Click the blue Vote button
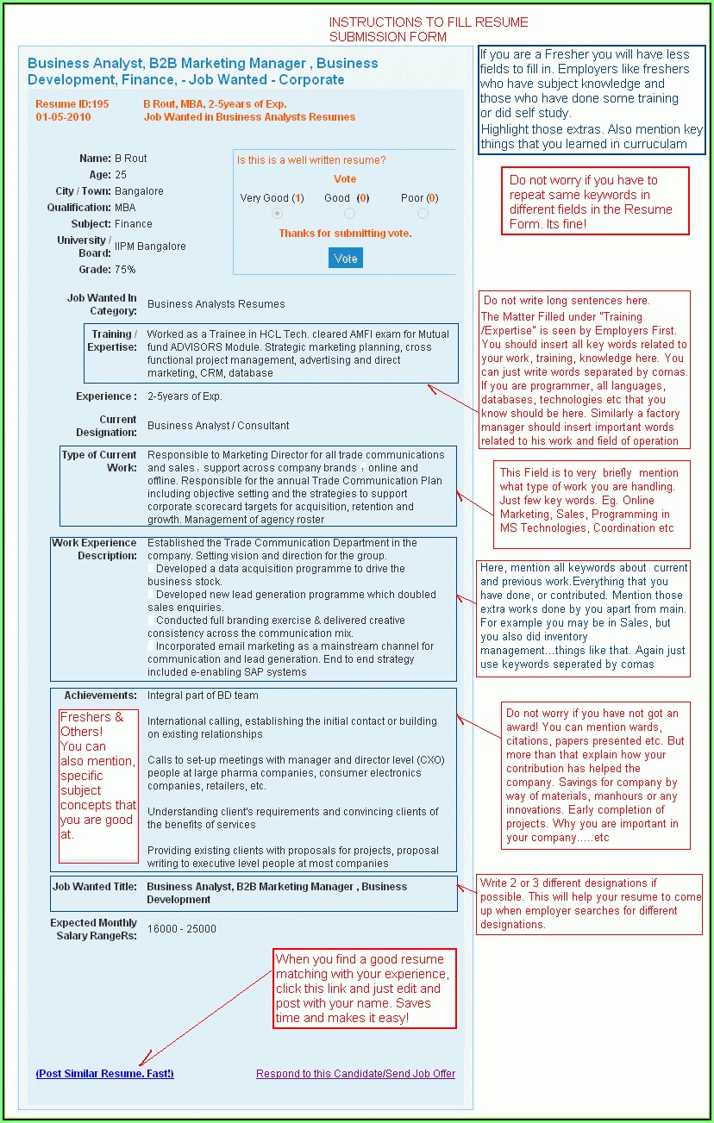coord(346,258)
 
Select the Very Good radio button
coord(277,213)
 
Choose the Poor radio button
coord(423,213)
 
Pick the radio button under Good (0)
coord(349,213)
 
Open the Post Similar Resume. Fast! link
coord(104,1074)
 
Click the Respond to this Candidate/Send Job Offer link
coord(355,1074)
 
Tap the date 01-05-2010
coord(63,117)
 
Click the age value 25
coord(121,175)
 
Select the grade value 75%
coord(125,270)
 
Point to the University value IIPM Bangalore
coord(150,246)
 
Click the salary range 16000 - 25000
coord(182,929)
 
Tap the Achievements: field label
coord(100,696)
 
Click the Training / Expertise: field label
coord(112,340)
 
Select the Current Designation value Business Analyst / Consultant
coord(218,426)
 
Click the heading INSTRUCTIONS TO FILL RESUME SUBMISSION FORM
coord(429,29)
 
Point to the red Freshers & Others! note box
coord(98,785)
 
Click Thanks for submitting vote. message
coord(345,234)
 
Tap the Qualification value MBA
coord(125,208)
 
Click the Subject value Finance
coord(134,224)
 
